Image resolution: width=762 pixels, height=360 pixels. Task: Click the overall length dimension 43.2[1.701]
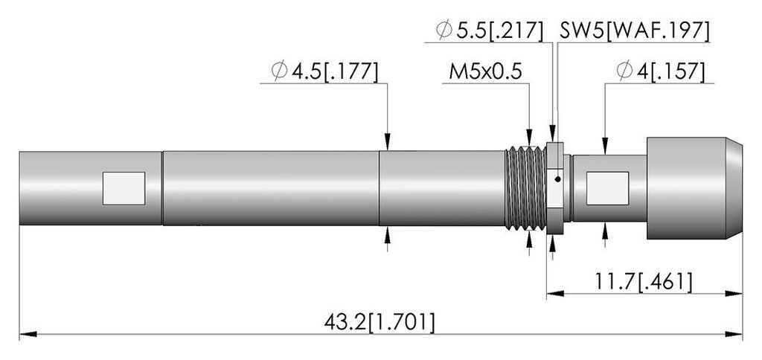(379, 323)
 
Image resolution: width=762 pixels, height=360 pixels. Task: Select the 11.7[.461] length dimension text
(644, 282)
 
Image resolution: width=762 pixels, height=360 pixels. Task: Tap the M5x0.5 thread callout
(485, 72)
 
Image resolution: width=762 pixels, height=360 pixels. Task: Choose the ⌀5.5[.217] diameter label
(490, 30)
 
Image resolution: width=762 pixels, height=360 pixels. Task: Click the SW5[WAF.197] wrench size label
(635, 30)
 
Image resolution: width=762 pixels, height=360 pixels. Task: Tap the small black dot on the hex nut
(558, 179)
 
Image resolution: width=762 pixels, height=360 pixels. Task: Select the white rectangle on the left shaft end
(124, 188)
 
